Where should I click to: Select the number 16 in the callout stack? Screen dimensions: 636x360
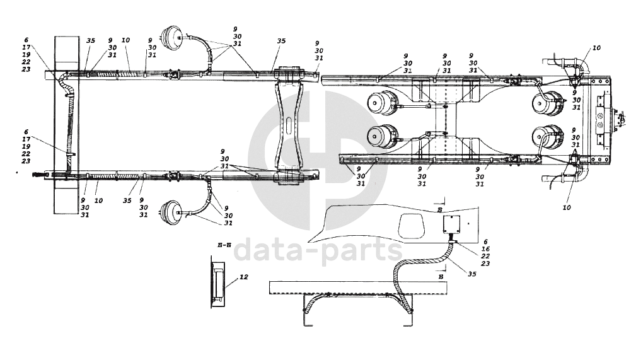485,249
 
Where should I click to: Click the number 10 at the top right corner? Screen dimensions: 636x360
596,48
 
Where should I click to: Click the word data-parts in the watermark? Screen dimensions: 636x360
318,250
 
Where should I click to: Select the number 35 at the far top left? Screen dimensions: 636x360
90,40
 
